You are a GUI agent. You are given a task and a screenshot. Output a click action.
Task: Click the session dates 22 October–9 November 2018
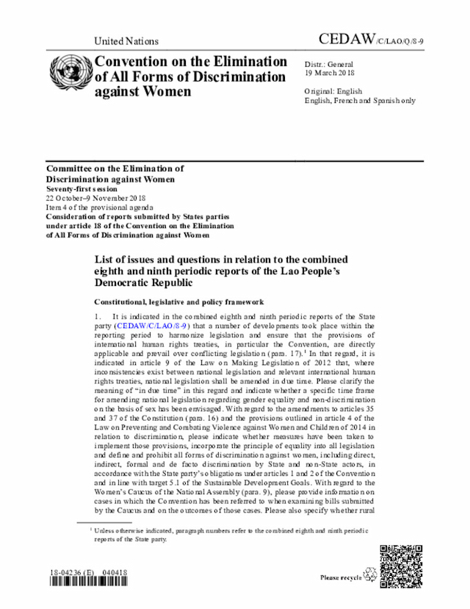pyautogui.click(x=95, y=199)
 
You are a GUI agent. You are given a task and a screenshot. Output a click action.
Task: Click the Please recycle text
pyautogui.click(x=341, y=577)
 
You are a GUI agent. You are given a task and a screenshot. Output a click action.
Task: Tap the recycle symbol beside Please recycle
pyautogui.click(x=370, y=577)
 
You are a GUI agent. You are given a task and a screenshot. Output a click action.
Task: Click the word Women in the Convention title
pyautogui.click(x=166, y=92)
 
